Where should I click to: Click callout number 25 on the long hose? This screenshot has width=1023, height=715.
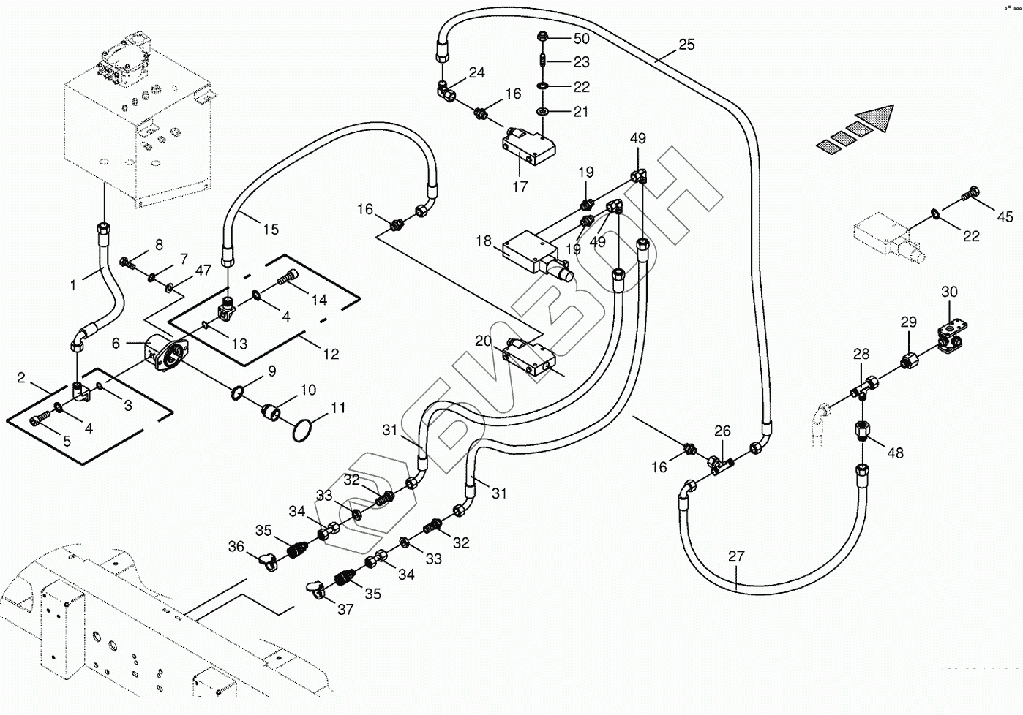click(x=686, y=45)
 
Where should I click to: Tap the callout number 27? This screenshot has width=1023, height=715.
click(x=736, y=556)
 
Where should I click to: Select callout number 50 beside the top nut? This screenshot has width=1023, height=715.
click(x=582, y=38)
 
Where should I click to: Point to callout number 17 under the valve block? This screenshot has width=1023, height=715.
click(x=520, y=186)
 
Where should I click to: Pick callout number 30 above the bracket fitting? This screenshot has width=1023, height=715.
click(x=949, y=292)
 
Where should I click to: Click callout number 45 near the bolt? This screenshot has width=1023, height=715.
click(x=1005, y=216)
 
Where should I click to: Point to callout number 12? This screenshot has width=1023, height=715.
click(x=331, y=354)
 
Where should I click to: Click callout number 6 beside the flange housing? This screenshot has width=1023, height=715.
click(x=116, y=343)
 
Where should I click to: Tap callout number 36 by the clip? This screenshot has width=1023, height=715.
click(x=236, y=546)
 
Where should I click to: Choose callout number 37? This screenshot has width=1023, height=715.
click(x=345, y=609)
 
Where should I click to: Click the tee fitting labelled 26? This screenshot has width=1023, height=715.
click(x=718, y=461)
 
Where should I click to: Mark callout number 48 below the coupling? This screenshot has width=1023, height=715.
click(x=896, y=453)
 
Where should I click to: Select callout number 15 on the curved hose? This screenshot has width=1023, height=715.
click(x=271, y=229)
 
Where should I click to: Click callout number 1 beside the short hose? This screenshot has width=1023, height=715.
click(x=73, y=285)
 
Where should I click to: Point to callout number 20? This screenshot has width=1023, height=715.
click(x=483, y=341)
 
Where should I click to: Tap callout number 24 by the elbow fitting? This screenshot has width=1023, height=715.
click(x=476, y=72)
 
